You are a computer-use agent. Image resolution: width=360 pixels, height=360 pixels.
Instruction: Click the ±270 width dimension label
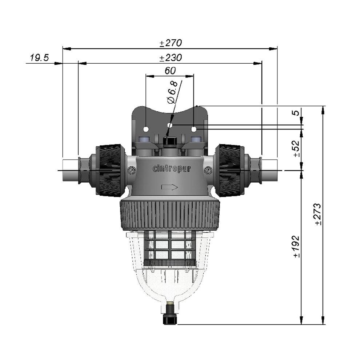171,43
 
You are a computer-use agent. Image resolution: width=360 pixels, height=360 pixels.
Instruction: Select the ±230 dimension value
171,57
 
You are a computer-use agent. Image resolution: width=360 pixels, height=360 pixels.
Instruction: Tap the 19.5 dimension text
40,57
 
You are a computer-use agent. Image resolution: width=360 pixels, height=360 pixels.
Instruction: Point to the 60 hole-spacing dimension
170,71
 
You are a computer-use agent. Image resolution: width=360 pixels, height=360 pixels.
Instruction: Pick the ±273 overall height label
318,214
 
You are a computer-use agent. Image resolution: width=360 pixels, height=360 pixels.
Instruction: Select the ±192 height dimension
296,246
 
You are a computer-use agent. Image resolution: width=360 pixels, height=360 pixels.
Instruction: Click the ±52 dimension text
296,148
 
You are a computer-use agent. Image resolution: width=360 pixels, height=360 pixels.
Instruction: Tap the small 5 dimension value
297,113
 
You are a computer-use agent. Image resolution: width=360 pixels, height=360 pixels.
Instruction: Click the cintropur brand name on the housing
172,169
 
